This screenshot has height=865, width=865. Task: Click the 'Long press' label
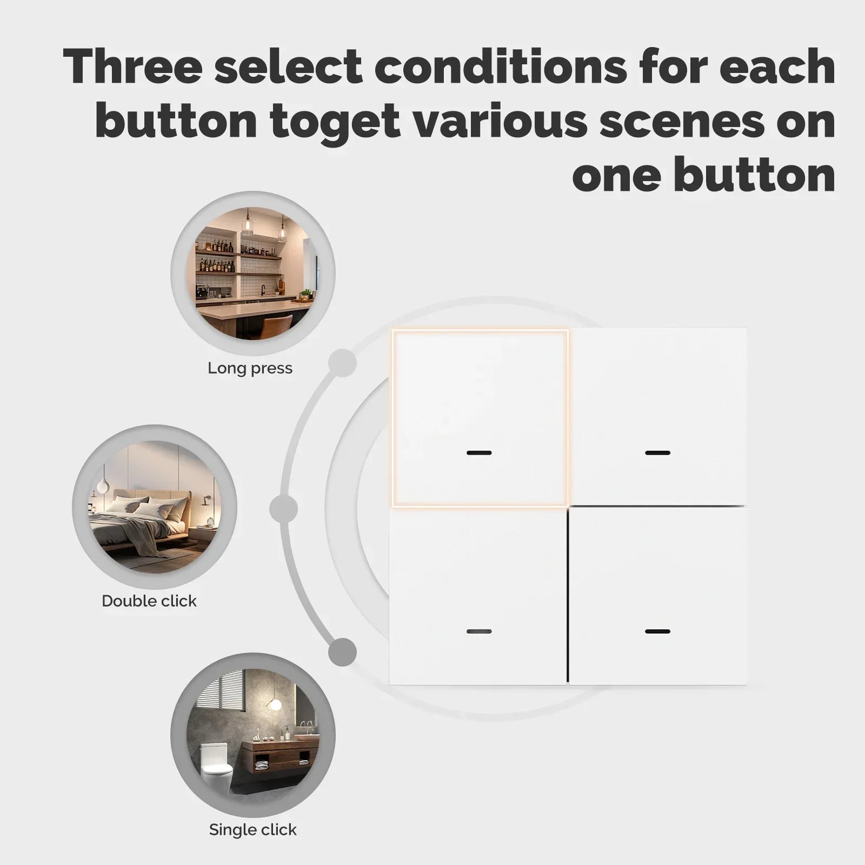tap(250, 368)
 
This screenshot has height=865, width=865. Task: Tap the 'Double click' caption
tap(149, 601)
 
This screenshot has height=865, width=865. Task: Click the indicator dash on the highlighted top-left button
tap(479, 453)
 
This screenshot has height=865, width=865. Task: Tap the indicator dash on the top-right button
tap(657, 453)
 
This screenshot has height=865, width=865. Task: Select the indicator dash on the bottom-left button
tap(479, 631)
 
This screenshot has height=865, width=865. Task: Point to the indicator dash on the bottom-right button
tap(657, 631)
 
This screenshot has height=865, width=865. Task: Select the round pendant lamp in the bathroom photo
tap(276, 704)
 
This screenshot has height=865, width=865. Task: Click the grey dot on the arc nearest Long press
tap(343, 363)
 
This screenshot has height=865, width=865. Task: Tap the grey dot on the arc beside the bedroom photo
tap(283, 509)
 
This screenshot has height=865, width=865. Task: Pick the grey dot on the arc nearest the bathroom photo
tap(343, 651)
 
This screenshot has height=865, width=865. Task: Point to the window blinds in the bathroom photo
tap(222, 697)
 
